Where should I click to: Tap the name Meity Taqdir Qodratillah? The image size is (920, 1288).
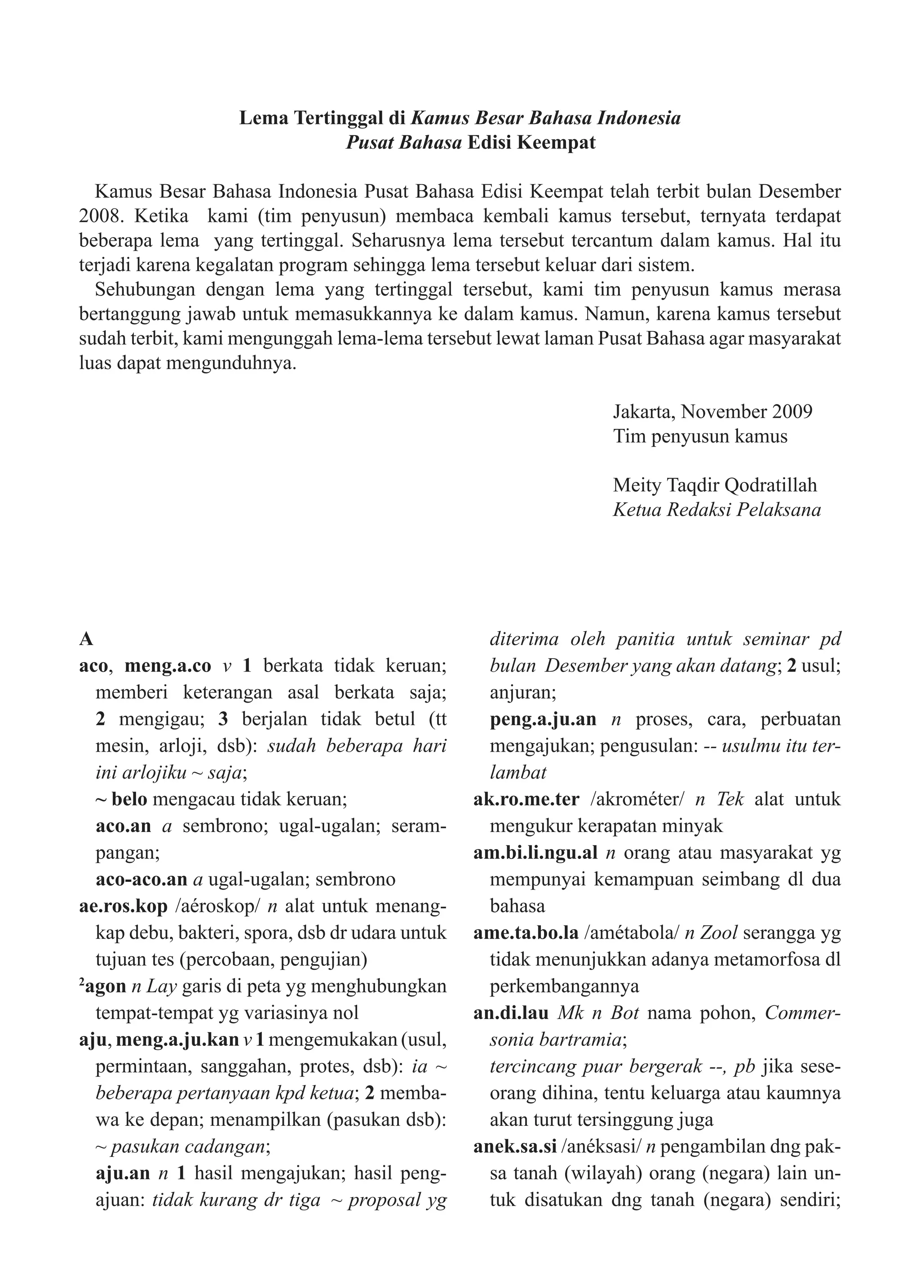click(715, 485)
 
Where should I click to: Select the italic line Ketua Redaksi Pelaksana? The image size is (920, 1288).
click(717, 510)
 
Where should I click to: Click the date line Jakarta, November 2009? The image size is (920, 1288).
click(712, 411)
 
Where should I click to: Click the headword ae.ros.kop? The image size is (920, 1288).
click(124, 906)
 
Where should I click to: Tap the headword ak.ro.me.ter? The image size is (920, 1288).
click(526, 799)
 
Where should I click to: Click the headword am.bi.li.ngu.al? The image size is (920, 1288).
click(535, 852)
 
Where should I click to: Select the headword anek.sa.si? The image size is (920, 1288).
click(514, 1147)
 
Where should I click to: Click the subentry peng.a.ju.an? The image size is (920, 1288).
click(543, 719)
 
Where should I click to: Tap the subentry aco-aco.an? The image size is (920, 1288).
click(141, 879)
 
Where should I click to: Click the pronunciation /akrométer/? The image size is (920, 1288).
click(637, 799)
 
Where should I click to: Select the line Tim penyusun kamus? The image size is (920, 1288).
click(700, 436)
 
